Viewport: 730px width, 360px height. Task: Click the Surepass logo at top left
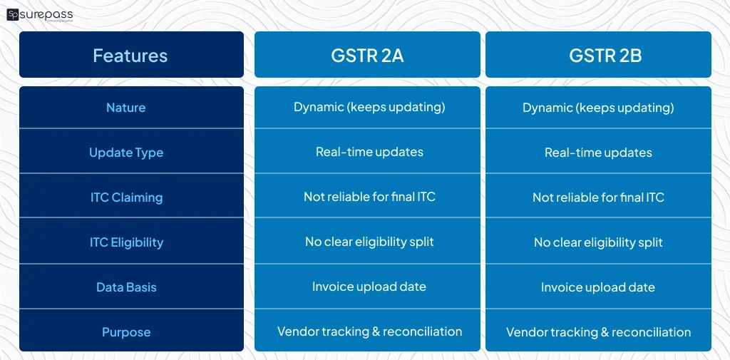tap(40, 14)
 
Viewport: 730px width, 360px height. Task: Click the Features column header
tap(130, 56)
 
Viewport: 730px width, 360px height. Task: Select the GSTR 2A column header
tap(367, 56)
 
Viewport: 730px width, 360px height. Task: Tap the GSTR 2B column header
tap(598, 56)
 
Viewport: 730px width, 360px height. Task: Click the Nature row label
tap(125, 108)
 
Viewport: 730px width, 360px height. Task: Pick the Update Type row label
tap(126, 153)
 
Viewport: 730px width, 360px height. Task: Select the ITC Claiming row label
tap(126, 197)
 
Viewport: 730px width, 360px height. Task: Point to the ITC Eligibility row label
tap(126, 242)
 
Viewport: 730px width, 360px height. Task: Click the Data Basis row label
tap(126, 287)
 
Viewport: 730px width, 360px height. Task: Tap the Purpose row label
tap(126, 332)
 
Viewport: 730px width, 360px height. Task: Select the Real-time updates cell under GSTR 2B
tap(598, 153)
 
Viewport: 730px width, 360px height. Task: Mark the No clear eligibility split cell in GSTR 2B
tap(598, 242)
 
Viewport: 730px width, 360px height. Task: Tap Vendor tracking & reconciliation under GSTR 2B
tap(598, 332)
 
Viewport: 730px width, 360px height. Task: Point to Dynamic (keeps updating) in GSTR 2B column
tap(598, 108)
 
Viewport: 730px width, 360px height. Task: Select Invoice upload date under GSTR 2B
tap(598, 287)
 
